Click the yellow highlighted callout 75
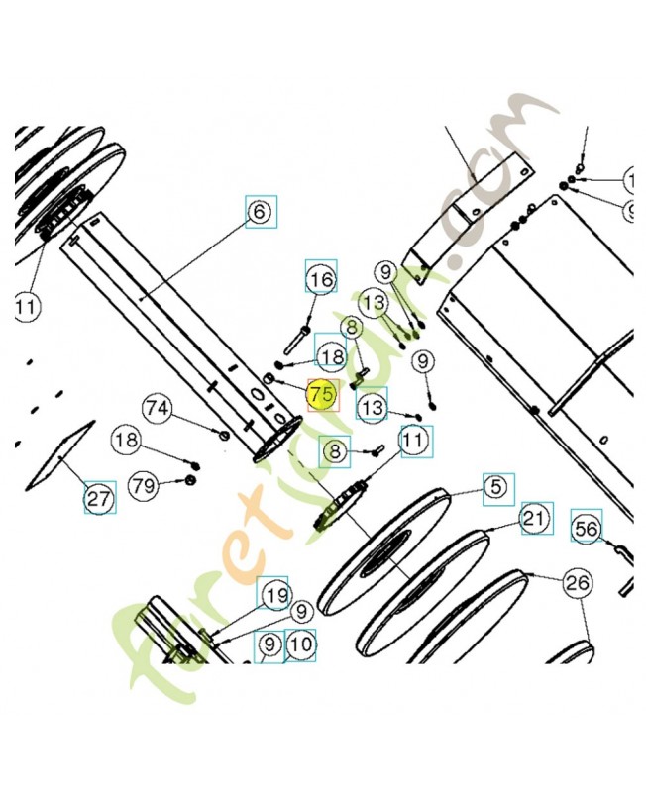point(320,394)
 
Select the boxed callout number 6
point(261,212)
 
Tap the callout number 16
point(320,279)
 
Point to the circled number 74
point(157,408)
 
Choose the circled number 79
point(145,485)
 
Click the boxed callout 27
point(99,498)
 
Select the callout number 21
point(535,518)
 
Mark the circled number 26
point(577,582)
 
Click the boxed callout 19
point(273,594)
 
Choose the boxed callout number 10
point(301,645)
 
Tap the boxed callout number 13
point(372,406)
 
